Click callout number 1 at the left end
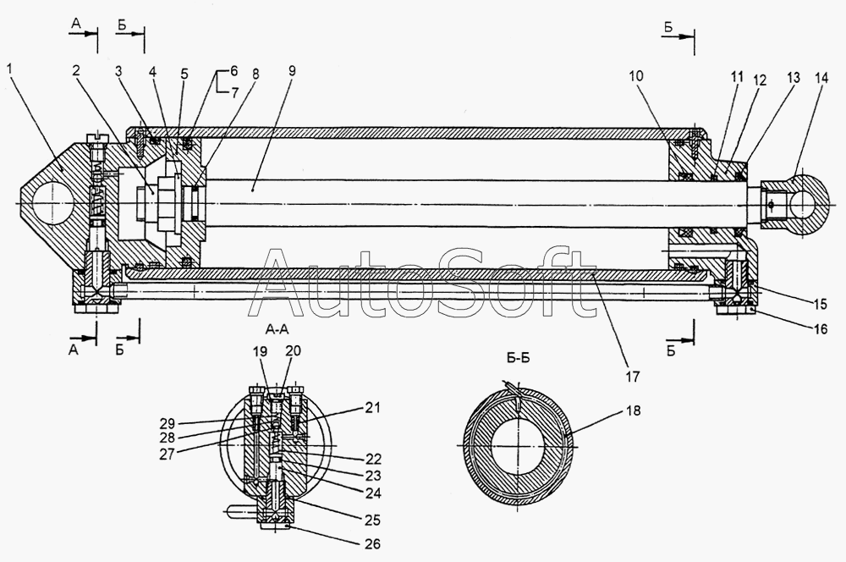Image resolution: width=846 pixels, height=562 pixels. (x=11, y=69)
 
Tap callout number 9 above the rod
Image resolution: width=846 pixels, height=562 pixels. (x=292, y=71)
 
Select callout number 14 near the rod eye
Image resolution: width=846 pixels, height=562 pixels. (x=821, y=77)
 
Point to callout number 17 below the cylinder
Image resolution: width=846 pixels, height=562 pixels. (x=632, y=376)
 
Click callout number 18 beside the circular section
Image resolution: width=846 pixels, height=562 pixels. (x=634, y=410)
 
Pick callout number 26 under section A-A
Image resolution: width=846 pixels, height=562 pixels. (x=372, y=543)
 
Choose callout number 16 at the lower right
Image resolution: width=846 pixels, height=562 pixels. (x=820, y=328)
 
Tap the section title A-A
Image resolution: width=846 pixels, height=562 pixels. (x=277, y=329)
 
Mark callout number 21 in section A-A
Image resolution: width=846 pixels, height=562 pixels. (x=372, y=408)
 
